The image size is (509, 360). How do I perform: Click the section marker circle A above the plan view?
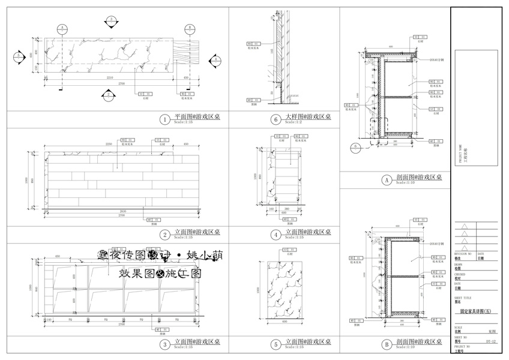click(62, 28)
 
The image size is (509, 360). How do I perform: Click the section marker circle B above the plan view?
click(188, 28)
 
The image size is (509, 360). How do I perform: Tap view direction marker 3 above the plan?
click(112, 21)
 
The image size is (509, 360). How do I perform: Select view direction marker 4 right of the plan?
click(215, 59)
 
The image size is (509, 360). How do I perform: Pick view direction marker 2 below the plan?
click(108, 94)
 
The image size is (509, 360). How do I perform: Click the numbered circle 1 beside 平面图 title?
click(164, 119)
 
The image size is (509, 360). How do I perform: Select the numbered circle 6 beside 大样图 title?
click(276, 119)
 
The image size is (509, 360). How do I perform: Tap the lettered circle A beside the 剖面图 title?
click(387, 179)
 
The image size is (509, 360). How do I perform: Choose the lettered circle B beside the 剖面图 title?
click(387, 344)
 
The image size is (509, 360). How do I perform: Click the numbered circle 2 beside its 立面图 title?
click(164, 234)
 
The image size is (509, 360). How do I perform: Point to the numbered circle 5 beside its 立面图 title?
click(276, 344)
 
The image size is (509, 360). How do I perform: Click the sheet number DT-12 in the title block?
click(490, 342)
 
